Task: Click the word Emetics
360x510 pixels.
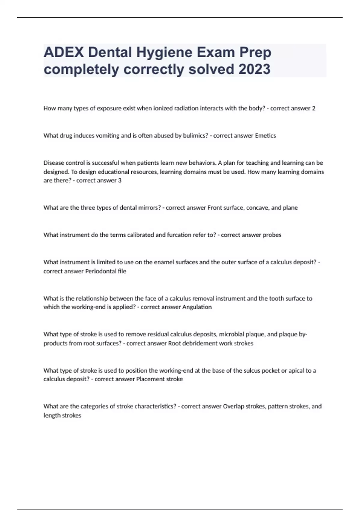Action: pos(265,136)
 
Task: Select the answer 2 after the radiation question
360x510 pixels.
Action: pos(313,108)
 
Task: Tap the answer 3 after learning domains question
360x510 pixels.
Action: pos(120,181)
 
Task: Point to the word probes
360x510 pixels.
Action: pos(272,235)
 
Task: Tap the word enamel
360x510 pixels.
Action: pos(163,262)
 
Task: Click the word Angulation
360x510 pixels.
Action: pos(197,307)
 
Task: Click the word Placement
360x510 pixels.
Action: pos(150,379)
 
